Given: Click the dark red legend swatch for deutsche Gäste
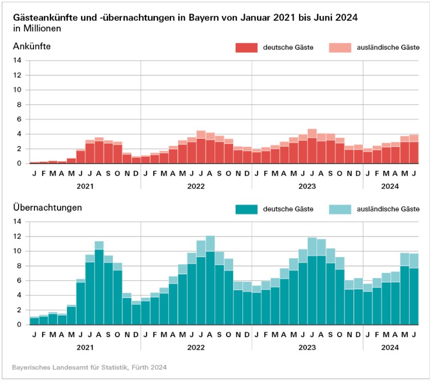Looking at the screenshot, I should tap(246, 48).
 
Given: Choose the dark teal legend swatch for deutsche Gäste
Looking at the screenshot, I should tap(246, 209).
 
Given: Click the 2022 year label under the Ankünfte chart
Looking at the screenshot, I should tap(196, 184).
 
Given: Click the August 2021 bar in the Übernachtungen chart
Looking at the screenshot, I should tap(99, 283).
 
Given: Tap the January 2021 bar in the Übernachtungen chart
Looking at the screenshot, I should tap(34, 320).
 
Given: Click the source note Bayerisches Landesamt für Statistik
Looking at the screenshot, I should tap(90, 368).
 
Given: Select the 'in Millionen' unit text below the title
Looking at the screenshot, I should tap(37, 28).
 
